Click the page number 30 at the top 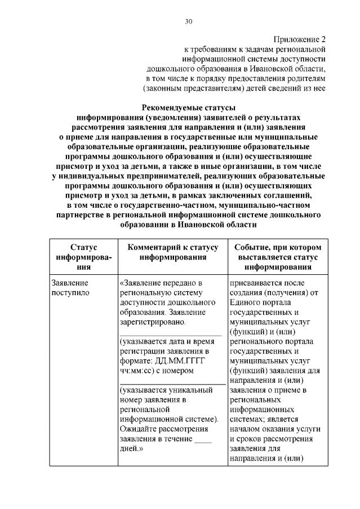coord(189,22)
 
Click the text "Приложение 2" coord(300,39)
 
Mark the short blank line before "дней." coord(202,439)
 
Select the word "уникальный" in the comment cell coord(190,390)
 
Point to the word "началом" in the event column coord(246,429)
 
